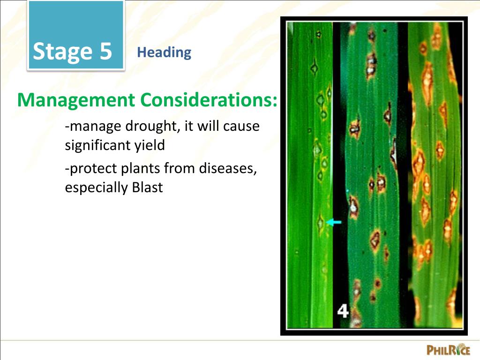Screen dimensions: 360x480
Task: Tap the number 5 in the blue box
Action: (x=105, y=52)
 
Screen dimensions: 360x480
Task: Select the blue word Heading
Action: (x=164, y=52)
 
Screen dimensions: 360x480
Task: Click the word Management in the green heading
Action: (x=76, y=100)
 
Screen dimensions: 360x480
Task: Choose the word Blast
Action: (x=147, y=187)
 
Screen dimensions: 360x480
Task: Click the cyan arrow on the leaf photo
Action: (x=334, y=223)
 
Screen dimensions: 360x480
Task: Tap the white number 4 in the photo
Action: (x=343, y=311)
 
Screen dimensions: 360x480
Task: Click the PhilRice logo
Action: (x=448, y=350)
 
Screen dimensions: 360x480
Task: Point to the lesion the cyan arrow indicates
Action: (x=321, y=222)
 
